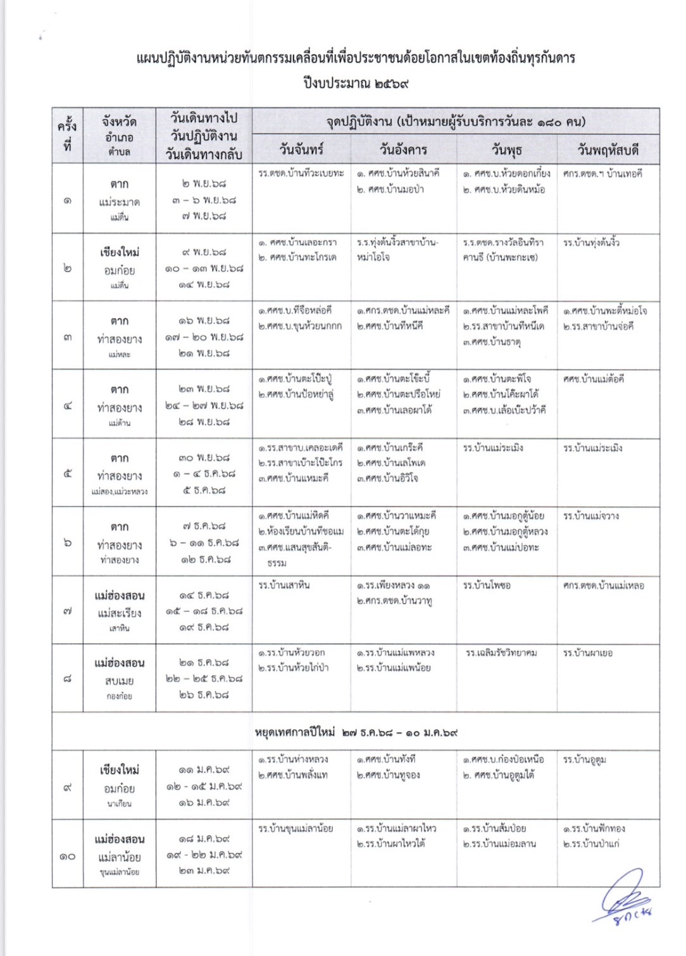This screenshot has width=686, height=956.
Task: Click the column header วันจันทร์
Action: tap(301, 150)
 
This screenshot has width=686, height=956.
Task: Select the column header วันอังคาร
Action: tap(403, 150)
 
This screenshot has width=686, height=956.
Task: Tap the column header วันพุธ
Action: tap(506, 150)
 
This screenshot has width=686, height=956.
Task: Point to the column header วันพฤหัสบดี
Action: tap(608, 150)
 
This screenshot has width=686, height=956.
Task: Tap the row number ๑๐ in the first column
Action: tap(67, 857)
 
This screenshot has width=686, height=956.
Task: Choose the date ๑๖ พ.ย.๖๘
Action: tap(204, 321)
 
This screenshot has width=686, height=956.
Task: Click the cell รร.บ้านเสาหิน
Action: tap(284, 585)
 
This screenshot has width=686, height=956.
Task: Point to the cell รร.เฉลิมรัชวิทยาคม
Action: tap(501, 653)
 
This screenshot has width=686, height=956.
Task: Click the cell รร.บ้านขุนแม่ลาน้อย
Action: tap(295, 828)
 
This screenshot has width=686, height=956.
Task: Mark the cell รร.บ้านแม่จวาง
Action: tap(591, 516)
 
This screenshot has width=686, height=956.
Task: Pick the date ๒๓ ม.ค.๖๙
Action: tap(204, 871)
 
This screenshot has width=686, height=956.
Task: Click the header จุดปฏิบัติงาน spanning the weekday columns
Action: tap(456, 122)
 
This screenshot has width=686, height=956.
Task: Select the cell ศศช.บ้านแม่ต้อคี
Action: tap(593, 379)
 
